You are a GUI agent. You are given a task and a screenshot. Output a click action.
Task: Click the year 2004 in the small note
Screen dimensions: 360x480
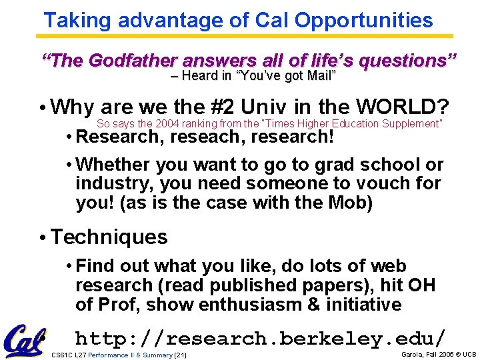[x=167, y=124]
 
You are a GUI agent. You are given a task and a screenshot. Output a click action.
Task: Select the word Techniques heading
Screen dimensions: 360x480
[x=109, y=237]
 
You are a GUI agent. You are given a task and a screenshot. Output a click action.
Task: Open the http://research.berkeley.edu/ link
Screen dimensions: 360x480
[x=260, y=338]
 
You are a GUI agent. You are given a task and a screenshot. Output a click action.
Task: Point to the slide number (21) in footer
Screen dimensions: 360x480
[x=180, y=355]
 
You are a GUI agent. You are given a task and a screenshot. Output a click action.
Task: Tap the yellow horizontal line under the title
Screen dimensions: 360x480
[x=247, y=36]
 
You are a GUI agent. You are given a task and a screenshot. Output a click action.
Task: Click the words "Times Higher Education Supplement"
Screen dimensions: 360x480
[x=371, y=124]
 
